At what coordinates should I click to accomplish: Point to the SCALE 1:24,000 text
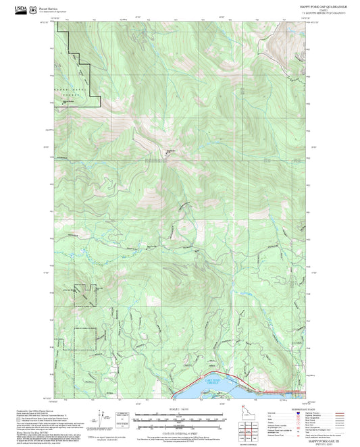tap(180, 410)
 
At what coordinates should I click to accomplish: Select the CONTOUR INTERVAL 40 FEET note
tap(180, 431)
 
